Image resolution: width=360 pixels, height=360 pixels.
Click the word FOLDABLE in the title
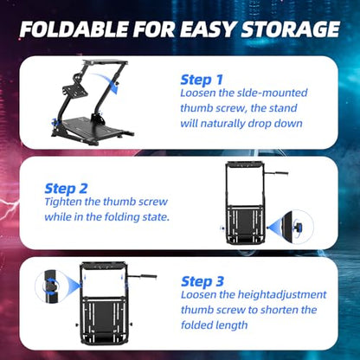click(x=74, y=29)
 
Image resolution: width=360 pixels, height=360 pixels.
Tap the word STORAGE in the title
click(x=290, y=29)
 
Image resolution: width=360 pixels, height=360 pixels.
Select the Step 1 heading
click(x=202, y=80)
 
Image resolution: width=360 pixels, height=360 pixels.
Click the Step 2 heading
click(x=66, y=189)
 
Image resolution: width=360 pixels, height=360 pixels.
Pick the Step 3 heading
click(x=202, y=281)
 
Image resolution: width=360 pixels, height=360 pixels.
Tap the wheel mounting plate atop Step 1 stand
click(x=106, y=62)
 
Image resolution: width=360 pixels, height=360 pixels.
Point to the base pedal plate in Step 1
click(x=93, y=126)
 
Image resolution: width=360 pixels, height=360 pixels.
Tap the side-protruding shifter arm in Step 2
click(x=277, y=173)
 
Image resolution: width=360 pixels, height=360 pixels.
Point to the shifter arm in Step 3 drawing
click(x=142, y=276)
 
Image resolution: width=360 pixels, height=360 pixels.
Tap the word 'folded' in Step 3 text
click(x=196, y=325)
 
